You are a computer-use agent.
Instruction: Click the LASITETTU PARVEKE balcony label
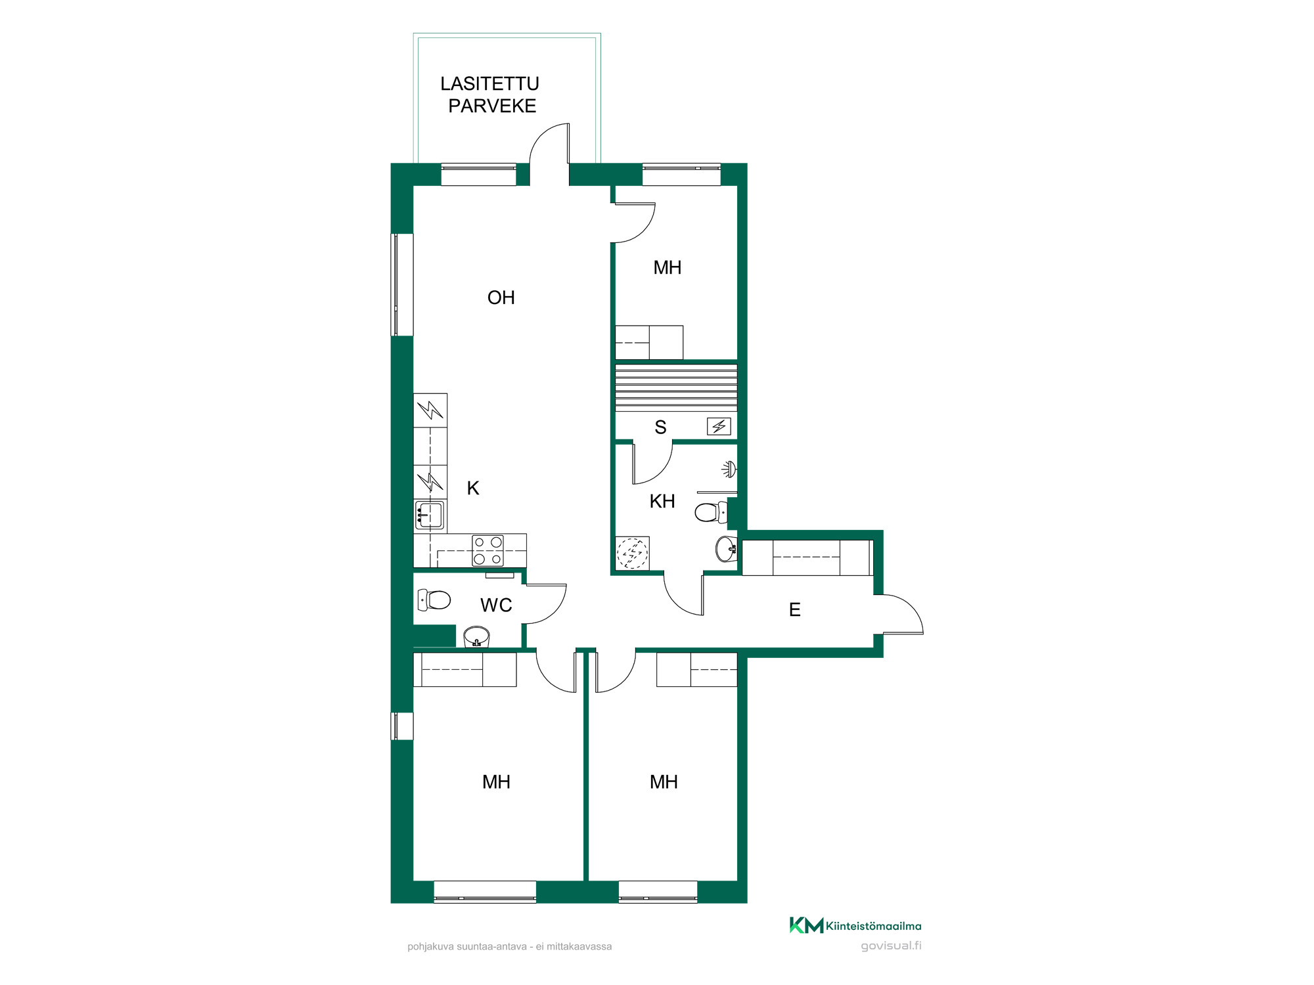(490, 95)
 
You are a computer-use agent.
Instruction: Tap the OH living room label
(501, 297)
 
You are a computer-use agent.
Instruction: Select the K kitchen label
(473, 488)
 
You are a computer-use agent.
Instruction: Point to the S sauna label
(661, 427)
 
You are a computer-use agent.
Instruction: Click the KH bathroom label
(662, 501)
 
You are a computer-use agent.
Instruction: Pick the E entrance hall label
(795, 609)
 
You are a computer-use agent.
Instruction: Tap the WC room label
(496, 605)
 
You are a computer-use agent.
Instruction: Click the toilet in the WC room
(434, 600)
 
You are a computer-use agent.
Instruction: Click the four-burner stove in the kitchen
(488, 550)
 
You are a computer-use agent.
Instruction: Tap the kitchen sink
(430, 515)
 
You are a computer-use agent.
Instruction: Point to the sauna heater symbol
(719, 426)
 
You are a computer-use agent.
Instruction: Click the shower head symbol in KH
(729, 469)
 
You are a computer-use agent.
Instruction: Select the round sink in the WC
(476, 637)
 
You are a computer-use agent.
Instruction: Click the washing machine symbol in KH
(632, 553)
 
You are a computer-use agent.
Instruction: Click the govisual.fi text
(891, 946)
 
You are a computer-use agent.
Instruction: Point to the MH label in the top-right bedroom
(668, 267)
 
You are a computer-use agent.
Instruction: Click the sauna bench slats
(676, 388)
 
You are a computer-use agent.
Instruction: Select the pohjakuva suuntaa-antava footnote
(510, 946)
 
